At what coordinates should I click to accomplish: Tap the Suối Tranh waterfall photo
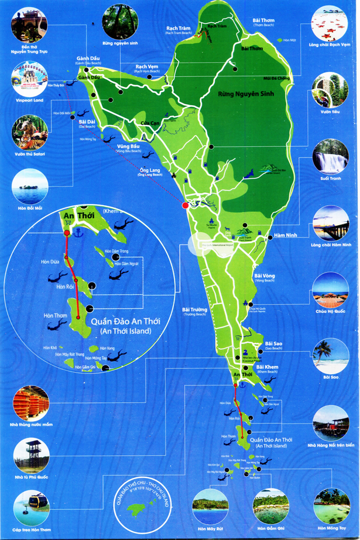(330, 157)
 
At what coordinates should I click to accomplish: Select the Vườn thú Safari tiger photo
(29, 133)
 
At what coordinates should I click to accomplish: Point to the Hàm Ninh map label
(271, 235)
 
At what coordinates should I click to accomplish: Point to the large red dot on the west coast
(185, 205)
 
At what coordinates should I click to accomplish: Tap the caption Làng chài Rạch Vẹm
(330, 45)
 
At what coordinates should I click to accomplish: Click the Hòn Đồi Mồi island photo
(29, 187)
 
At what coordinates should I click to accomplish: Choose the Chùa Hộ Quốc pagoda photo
(330, 290)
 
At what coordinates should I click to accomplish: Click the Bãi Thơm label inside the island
(252, 49)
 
